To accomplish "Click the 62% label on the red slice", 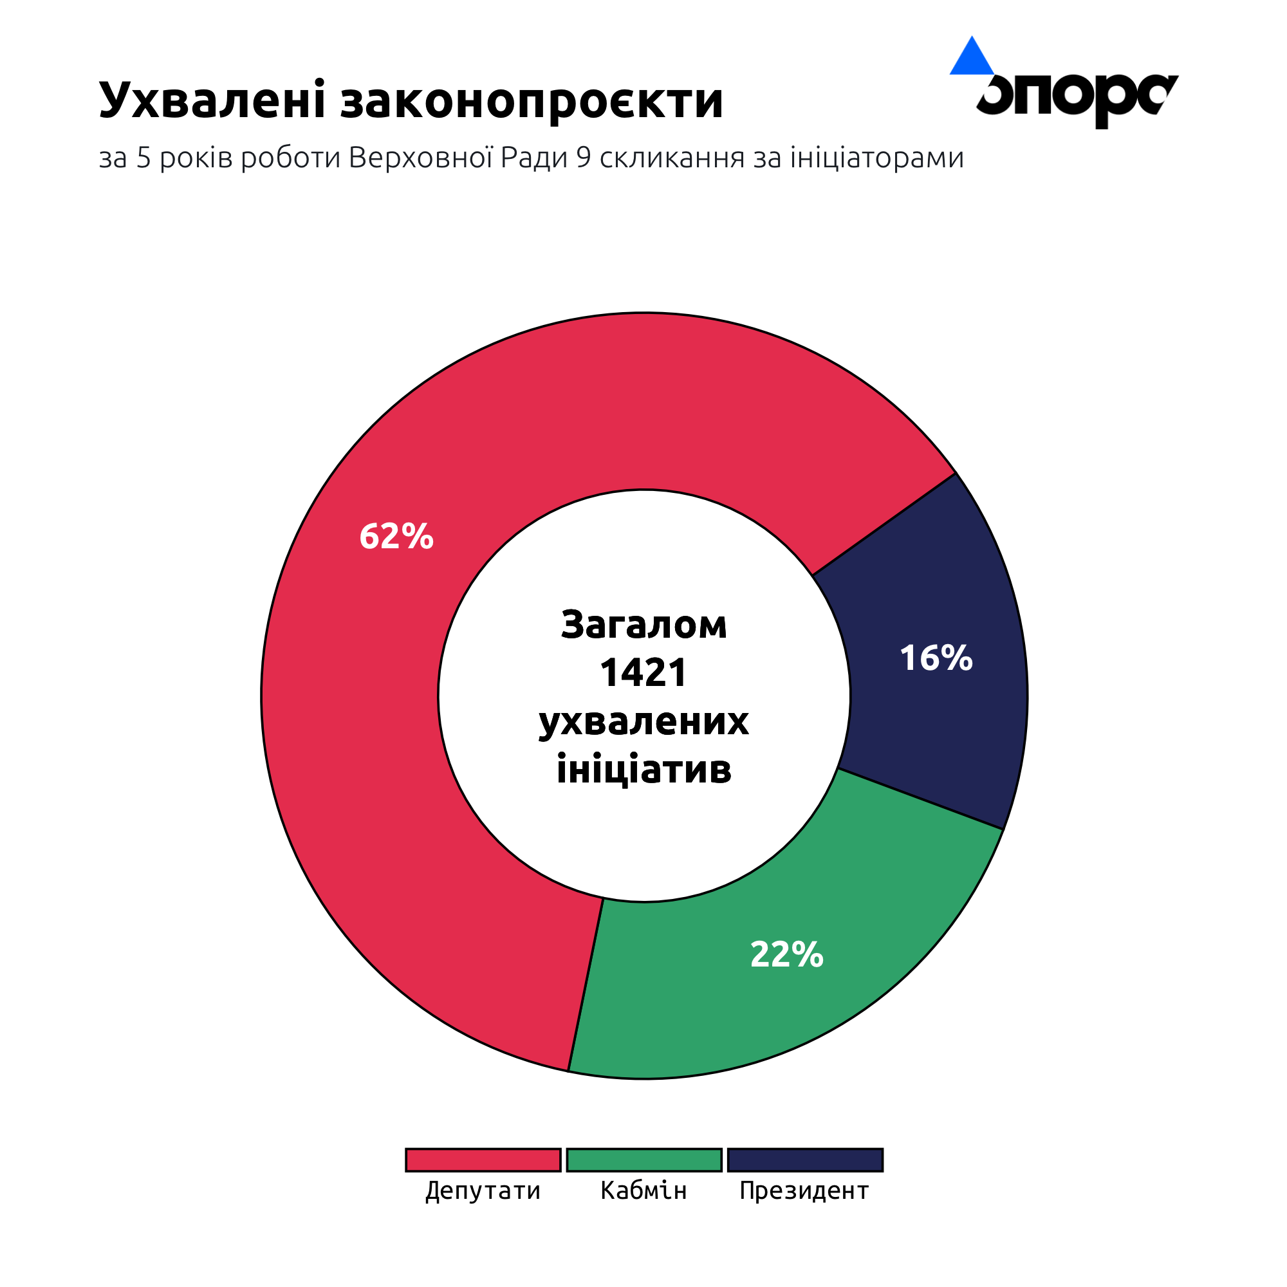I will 396,536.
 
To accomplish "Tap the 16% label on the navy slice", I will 936,658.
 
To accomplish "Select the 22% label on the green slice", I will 787,954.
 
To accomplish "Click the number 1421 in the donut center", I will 643,673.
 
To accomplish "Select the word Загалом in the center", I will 643,625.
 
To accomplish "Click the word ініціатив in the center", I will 643,770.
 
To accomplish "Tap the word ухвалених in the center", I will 643,721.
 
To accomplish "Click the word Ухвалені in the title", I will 212,100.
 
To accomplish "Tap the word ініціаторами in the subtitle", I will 876,158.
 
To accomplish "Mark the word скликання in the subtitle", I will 671,158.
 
